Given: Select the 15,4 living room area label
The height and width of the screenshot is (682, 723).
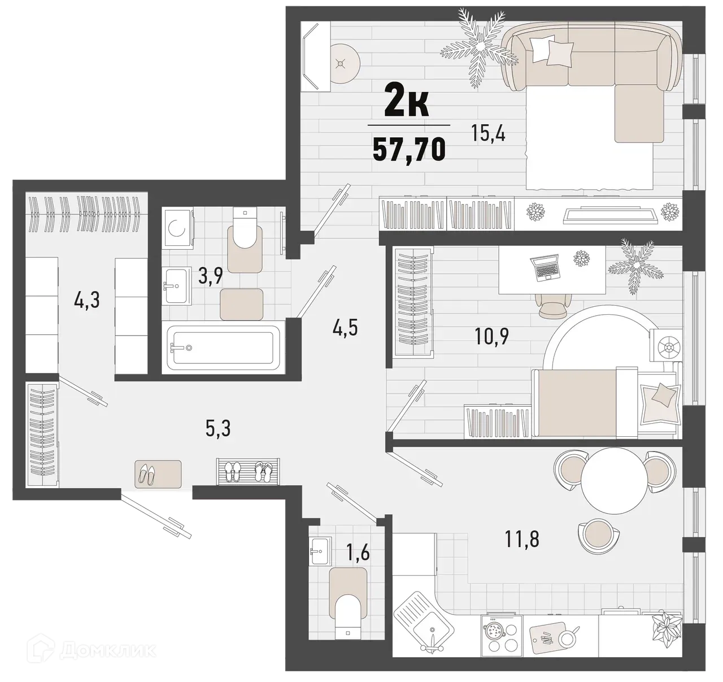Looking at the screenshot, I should click(487, 134).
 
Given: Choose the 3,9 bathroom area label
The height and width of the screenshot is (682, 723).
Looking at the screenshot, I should click(210, 276).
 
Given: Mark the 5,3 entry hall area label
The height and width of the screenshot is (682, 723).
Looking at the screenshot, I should click(217, 429).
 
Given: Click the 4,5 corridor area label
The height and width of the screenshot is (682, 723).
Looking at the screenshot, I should click(346, 328).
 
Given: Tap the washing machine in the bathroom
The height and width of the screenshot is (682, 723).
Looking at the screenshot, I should click(178, 229).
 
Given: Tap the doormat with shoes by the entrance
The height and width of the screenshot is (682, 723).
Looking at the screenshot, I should click(158, 474).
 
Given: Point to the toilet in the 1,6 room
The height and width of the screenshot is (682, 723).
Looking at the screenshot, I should click(348, 613).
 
